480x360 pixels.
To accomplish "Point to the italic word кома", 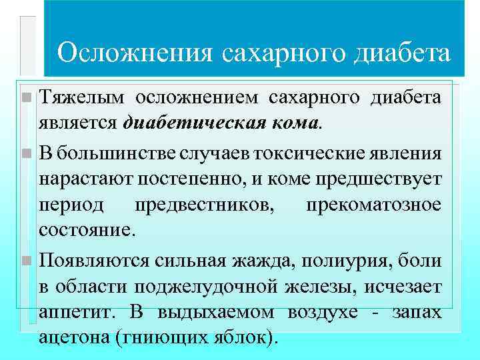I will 294,123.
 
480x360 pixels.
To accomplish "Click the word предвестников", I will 204,204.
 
